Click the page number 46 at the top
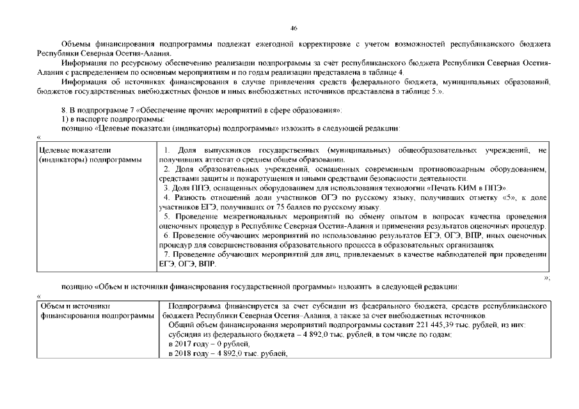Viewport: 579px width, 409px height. pyautogui.click(x=294, y=28)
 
